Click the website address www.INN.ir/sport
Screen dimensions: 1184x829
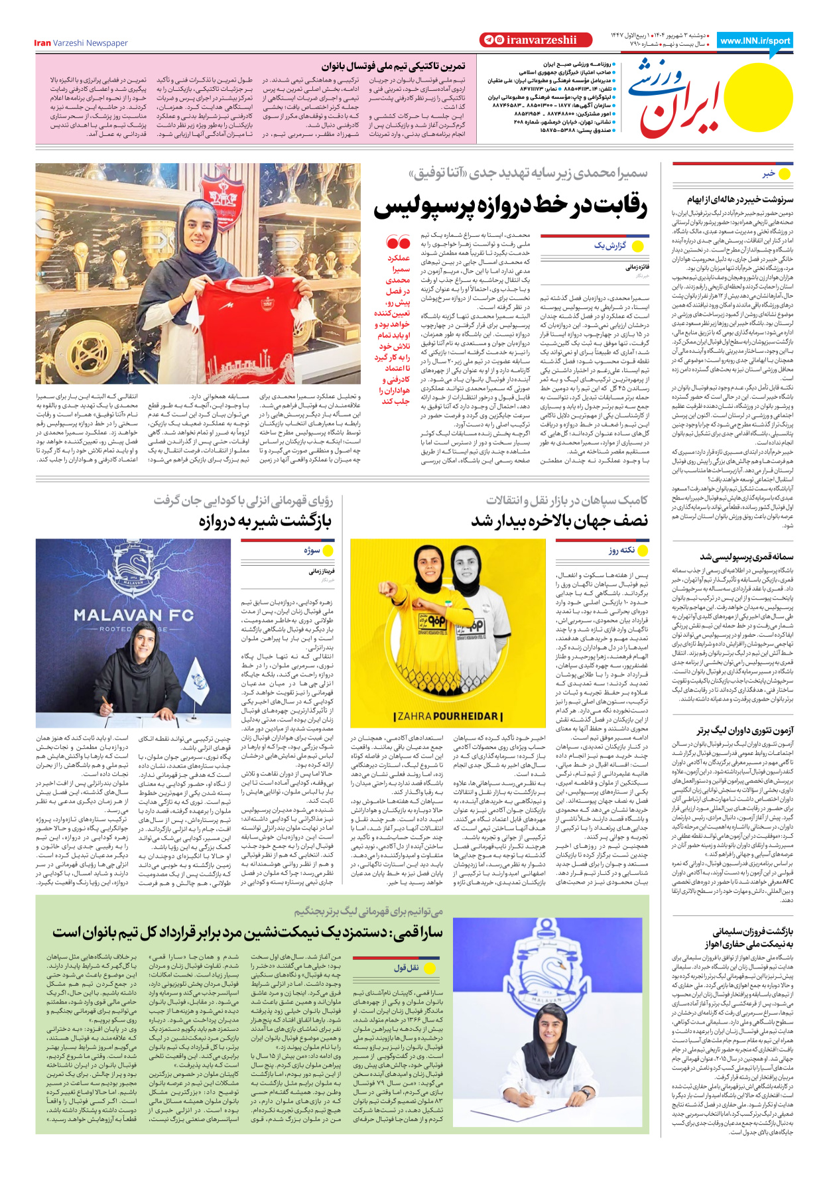click(x=755, y=40)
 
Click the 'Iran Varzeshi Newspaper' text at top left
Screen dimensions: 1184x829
click(x=81, y=43)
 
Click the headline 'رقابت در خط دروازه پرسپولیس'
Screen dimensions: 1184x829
click(x=511, y=207)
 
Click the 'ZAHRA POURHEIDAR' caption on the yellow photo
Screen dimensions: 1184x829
click(x=448, y=716)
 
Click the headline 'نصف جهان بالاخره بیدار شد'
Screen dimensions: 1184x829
click(x=559, y=521)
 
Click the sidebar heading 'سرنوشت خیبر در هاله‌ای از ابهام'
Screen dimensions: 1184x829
click(x=739, y=199)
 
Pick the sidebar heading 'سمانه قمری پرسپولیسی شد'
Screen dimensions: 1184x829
click(x=746, y=557)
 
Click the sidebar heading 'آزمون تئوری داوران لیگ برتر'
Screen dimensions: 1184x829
click(x=744, y=730)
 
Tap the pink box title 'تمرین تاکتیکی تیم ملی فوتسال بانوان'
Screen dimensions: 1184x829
click(x=393, y=66)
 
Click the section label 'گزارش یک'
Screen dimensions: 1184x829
click(x=609, y=246)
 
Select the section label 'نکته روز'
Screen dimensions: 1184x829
click(x=621, y=550)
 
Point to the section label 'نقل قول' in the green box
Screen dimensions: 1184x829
click(x=406, y=968)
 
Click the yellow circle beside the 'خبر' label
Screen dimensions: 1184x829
click(x=785, y=174)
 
